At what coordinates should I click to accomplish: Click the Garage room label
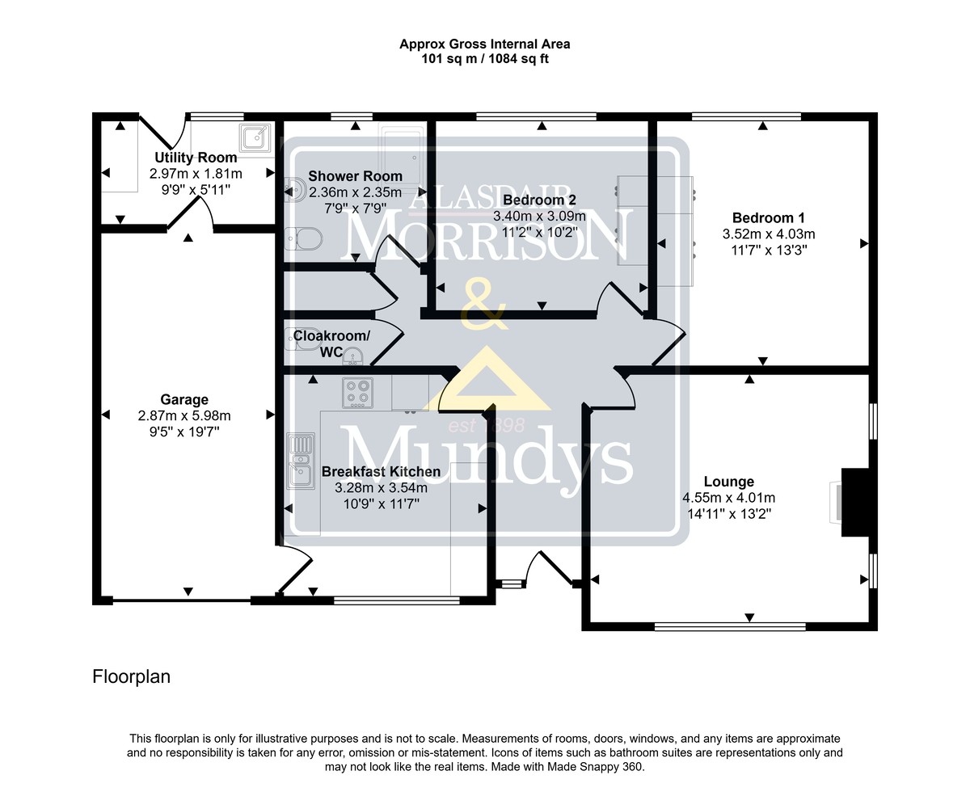[x=184, y=399]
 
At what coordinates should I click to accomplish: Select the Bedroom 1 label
[x=769, y=217]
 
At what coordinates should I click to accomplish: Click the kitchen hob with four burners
[x=357, y=393]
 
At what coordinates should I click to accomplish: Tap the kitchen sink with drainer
[x=301, y=461]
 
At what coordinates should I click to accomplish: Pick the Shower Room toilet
[x=304, y=238]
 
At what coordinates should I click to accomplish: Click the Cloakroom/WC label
[x=331, y=343]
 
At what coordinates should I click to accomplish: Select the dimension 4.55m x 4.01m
[x=728, y=498]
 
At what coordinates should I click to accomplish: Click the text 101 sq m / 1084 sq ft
[x=485, y=59]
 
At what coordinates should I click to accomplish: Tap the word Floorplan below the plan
[x=131, y=677]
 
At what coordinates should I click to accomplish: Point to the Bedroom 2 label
[x=539, y=200]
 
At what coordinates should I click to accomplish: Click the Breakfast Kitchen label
[x=381, y=471]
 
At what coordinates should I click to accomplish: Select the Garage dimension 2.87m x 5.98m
[x=184, y=415]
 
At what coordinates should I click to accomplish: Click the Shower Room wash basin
[x=294, y=191]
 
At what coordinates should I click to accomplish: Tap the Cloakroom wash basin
[x=352, y=357]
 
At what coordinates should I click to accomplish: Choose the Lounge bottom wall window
[x=730, y=626]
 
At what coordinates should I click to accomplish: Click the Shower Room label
[x=355, y=175]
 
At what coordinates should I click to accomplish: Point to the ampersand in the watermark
[x=484, y=304]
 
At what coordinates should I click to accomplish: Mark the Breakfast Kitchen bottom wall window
[x=396, y=600]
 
